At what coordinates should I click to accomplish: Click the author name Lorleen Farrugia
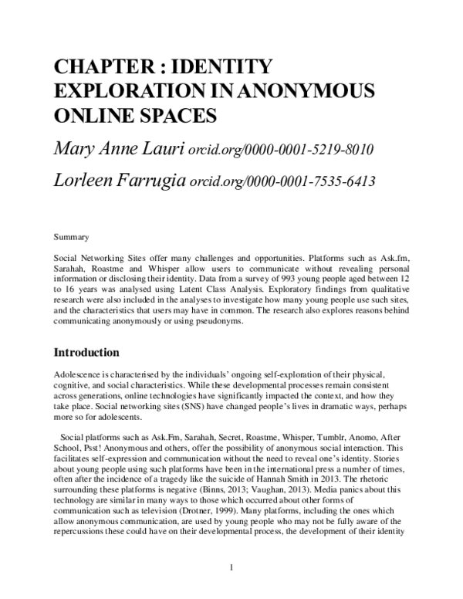tap(119, 181)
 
